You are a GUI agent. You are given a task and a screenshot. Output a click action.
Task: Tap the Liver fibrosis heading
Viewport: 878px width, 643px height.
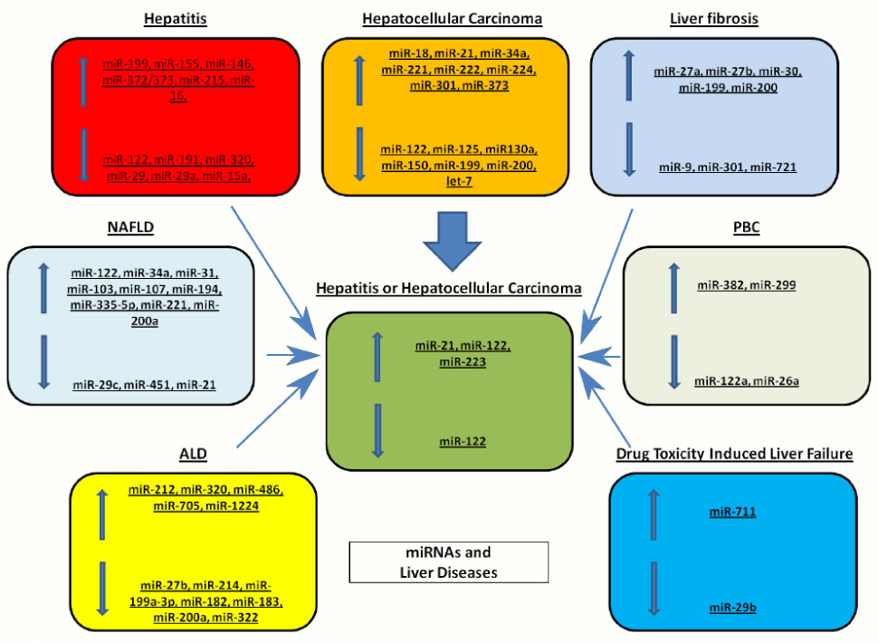pos(713,18)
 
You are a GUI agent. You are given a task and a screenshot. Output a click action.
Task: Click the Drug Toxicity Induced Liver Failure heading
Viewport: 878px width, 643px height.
pos(734,454)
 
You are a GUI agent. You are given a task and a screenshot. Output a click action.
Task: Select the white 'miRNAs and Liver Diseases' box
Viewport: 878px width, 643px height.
pos(449,561)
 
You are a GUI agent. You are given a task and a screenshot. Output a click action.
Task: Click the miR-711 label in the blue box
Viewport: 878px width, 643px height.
pos(732,513)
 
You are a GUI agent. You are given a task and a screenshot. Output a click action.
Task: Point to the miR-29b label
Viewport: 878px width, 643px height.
pos(733,607)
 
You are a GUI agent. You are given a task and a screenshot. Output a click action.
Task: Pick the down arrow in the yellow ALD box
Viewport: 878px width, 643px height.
pos(102,588)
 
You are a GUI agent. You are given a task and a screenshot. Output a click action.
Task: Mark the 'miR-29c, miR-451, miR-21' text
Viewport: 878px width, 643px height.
pos(145,385)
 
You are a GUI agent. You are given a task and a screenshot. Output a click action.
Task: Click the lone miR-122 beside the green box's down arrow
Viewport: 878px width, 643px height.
pos(463,441)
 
